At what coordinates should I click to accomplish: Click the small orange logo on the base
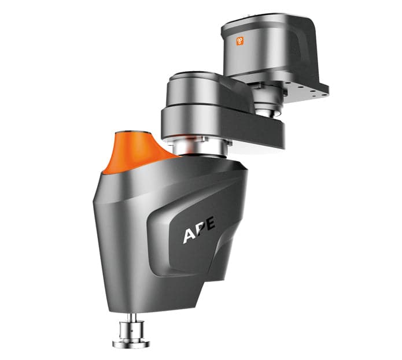click(x=239, y=41)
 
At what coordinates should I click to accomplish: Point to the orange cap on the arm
click(x=135, y=150)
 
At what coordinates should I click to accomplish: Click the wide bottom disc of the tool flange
click(x=131, y=343)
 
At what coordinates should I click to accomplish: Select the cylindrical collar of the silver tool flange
click(x=131, y=332)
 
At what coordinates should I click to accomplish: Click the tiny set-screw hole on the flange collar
click(x=134, y=332)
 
